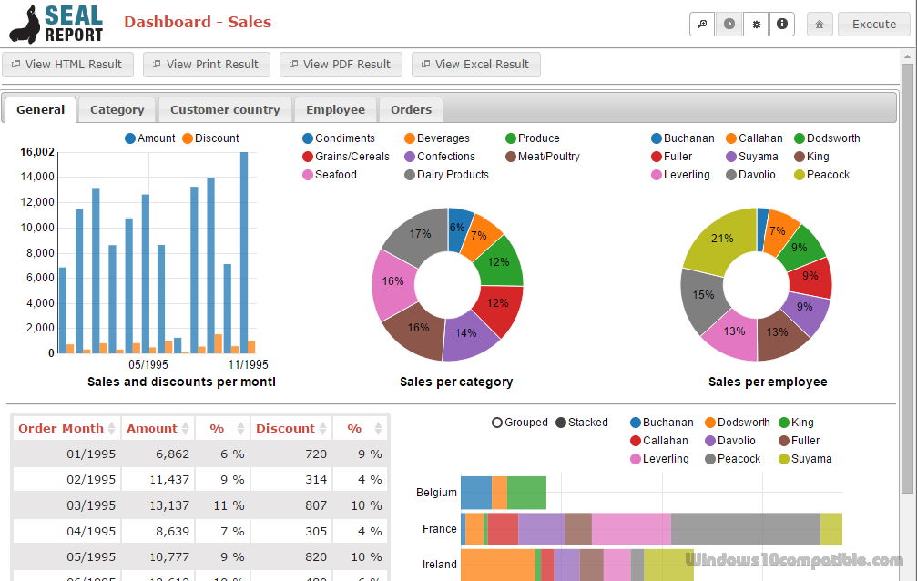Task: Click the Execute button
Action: point(873,25)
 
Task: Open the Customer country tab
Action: point(225,109)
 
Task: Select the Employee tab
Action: point(335,109)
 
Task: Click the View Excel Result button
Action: point(475,65)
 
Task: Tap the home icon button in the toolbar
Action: point(820,25)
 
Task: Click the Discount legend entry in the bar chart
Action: point(210,138)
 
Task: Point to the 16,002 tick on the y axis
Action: point(37,152)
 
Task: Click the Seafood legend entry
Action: point(335,175)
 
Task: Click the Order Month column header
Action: point(61,428)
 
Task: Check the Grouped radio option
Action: point(520,423)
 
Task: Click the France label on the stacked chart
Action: point(439,529)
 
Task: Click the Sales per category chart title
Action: point(456,382)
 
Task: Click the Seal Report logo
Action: point(56,25)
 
